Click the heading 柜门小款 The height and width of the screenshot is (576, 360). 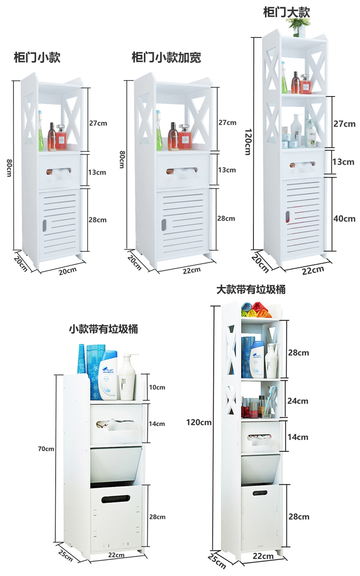(x=37, y=58)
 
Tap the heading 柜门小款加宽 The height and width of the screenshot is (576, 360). (x=166, y=58)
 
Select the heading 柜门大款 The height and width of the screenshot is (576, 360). (x=287, y=12)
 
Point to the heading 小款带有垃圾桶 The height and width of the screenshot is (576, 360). (x=103, y=329)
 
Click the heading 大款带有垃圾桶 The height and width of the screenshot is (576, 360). (x=251, y=289)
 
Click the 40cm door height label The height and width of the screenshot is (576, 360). (x=344, y=218)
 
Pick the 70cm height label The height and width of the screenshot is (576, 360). (x=46, y=449)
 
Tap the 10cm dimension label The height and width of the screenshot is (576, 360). (x=157, y=387)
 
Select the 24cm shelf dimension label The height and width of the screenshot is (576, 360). (x=298, y=401)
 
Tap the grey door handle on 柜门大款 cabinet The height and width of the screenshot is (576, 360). (x=288, y=217)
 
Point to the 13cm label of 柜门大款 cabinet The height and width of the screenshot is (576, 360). (x=344, y=162)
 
